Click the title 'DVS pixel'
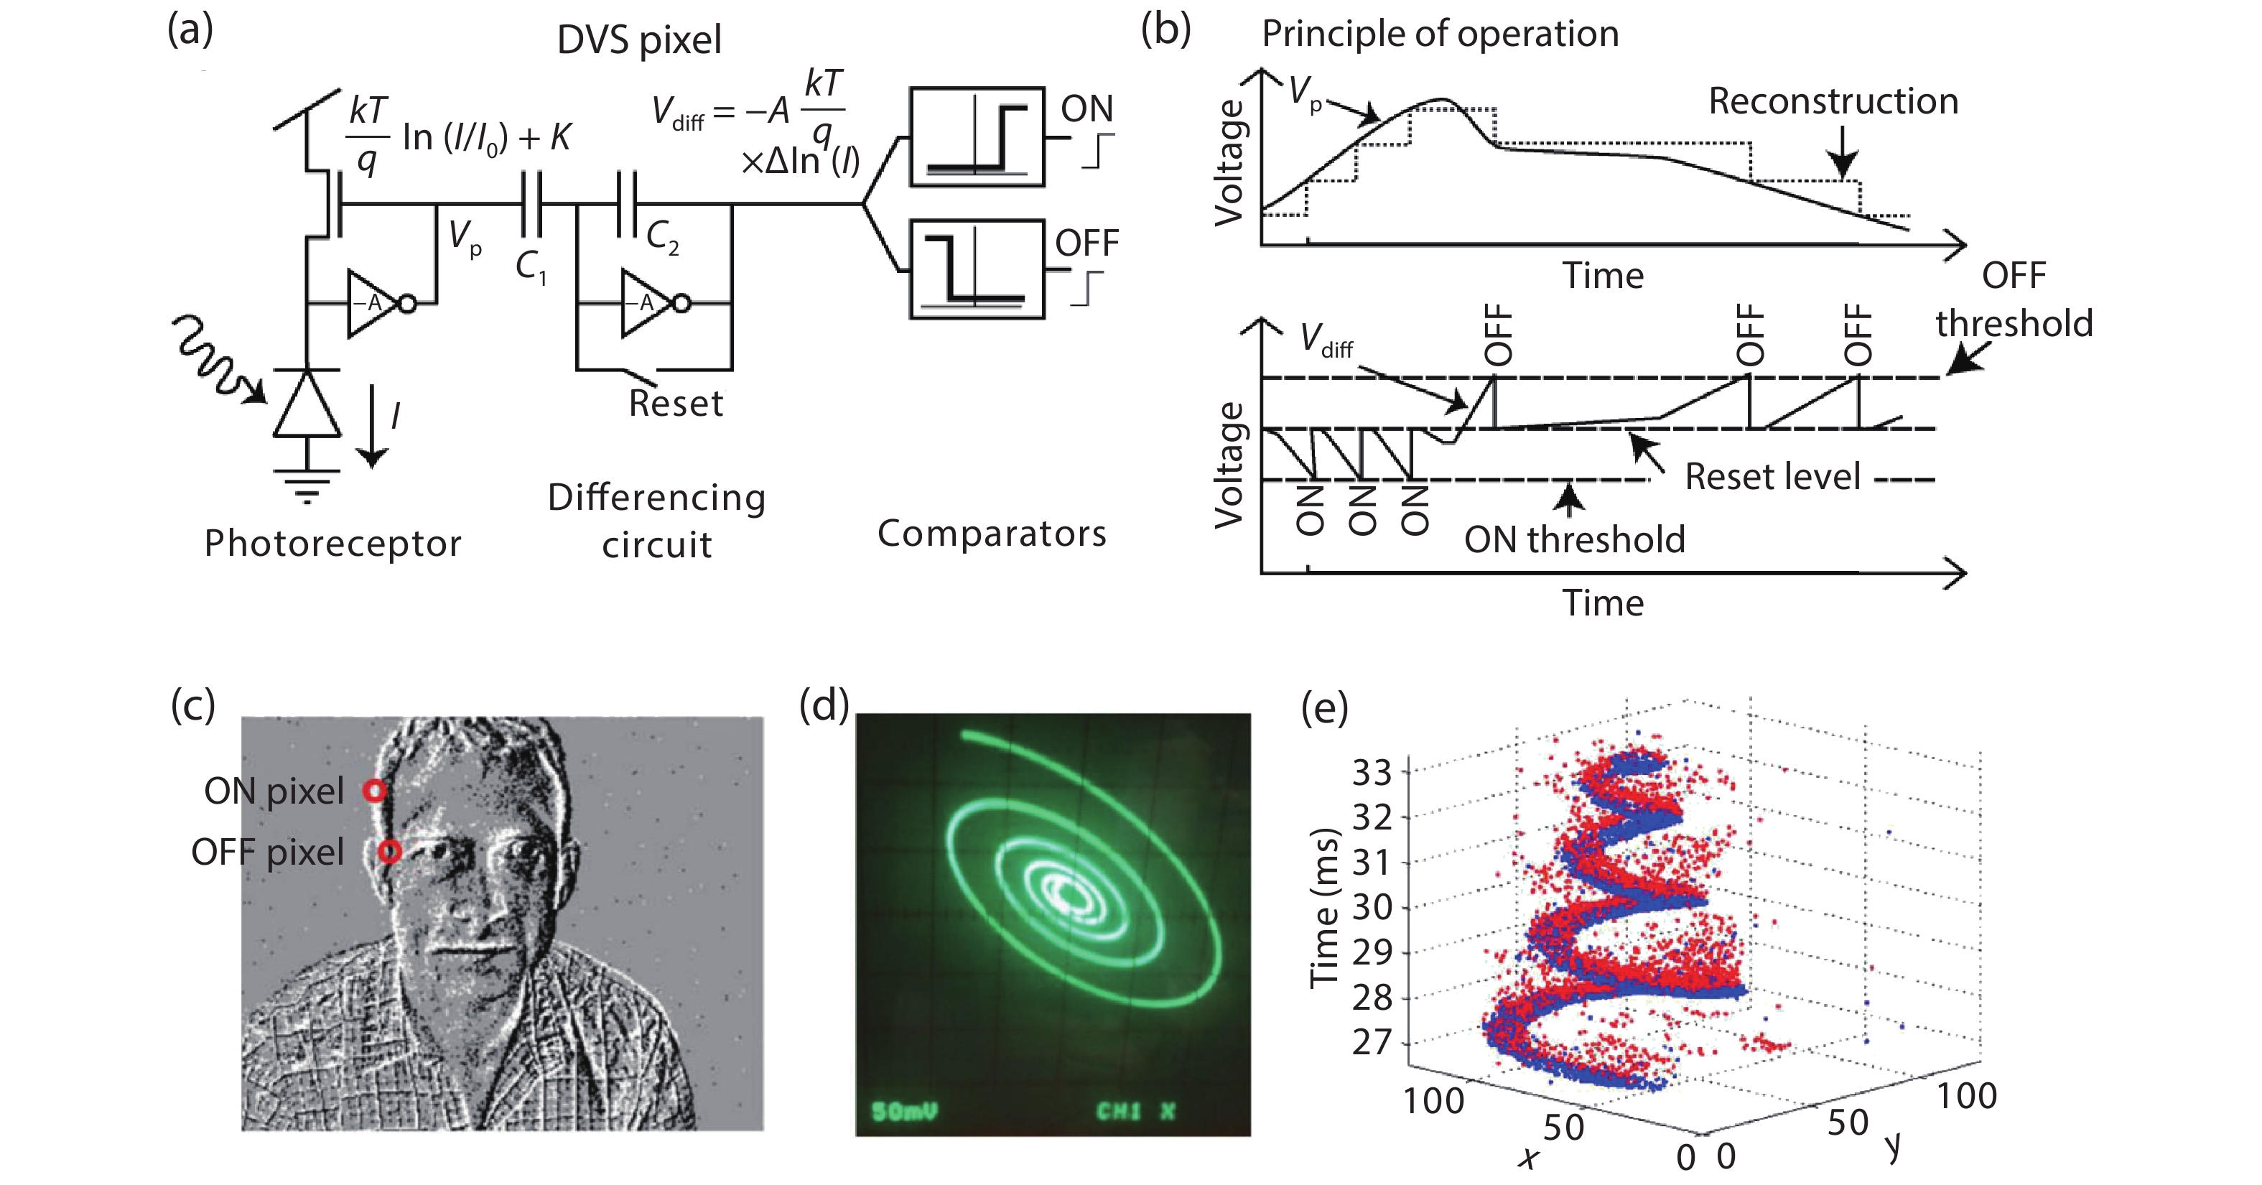[x=639, y=40]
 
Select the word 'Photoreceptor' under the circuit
[x=332, y=543]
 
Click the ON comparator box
[x=977, y=137]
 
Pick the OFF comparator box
[x=977, y=269]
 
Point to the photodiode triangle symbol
[x=307, y=406]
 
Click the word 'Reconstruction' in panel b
[x=1833, y=102]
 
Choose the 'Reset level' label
[x=1772, y=477]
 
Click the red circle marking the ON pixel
[x=375, y=791]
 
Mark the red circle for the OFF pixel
[x=390, y=851]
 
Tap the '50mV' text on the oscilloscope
[x=903, y=1112]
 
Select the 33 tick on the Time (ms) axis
[x=1372, y=773]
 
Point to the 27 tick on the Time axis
[x=1372, y=1043]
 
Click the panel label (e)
[x=1324, y=707]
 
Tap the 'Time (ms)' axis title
[x=1324, y=908]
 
